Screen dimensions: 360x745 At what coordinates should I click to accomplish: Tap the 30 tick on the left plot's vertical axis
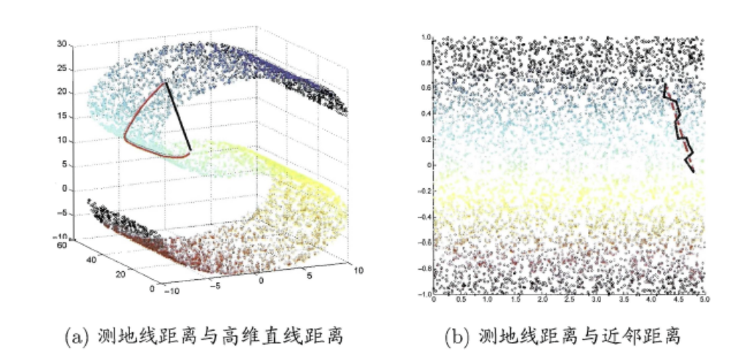tap(63, 44)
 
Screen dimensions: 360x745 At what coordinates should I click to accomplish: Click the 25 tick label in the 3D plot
tap(63, 68)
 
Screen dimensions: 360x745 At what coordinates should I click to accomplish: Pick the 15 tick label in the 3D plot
tap(63, 116)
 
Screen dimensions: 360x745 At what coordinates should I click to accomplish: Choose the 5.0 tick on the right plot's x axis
tap(704, 299)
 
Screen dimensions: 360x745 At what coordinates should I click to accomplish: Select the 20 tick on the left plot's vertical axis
tap(63, 92)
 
